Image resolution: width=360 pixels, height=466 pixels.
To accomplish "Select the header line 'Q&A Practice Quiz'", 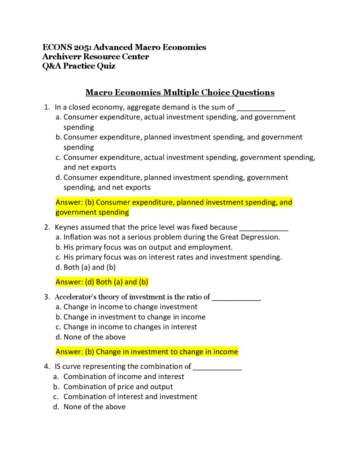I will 79,66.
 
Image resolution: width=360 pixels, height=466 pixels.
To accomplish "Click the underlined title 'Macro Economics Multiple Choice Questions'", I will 180,92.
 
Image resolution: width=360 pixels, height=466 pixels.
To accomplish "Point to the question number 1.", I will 47,107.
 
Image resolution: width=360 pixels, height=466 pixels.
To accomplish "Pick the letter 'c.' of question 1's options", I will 58,157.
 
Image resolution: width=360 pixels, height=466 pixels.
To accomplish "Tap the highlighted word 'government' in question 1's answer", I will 74,212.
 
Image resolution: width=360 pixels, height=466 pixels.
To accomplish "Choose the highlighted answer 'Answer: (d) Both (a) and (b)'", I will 102,282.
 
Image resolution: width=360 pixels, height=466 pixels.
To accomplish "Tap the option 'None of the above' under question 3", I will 94,337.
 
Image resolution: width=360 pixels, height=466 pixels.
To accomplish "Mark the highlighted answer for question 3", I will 147,352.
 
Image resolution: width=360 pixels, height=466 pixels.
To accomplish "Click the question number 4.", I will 47,366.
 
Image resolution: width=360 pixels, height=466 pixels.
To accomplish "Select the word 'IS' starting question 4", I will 57,366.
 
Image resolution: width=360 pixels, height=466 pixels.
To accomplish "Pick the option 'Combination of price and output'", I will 118,387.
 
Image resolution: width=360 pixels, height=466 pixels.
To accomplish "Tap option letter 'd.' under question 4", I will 56,407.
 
